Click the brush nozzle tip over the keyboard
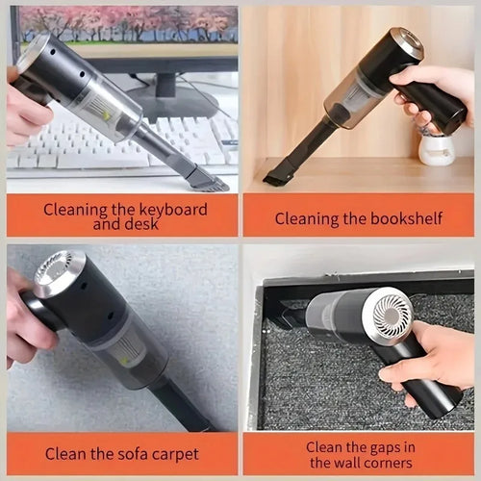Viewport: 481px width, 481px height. (x=207, y=178)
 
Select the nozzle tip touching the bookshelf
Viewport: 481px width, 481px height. (x=280, y=177)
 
